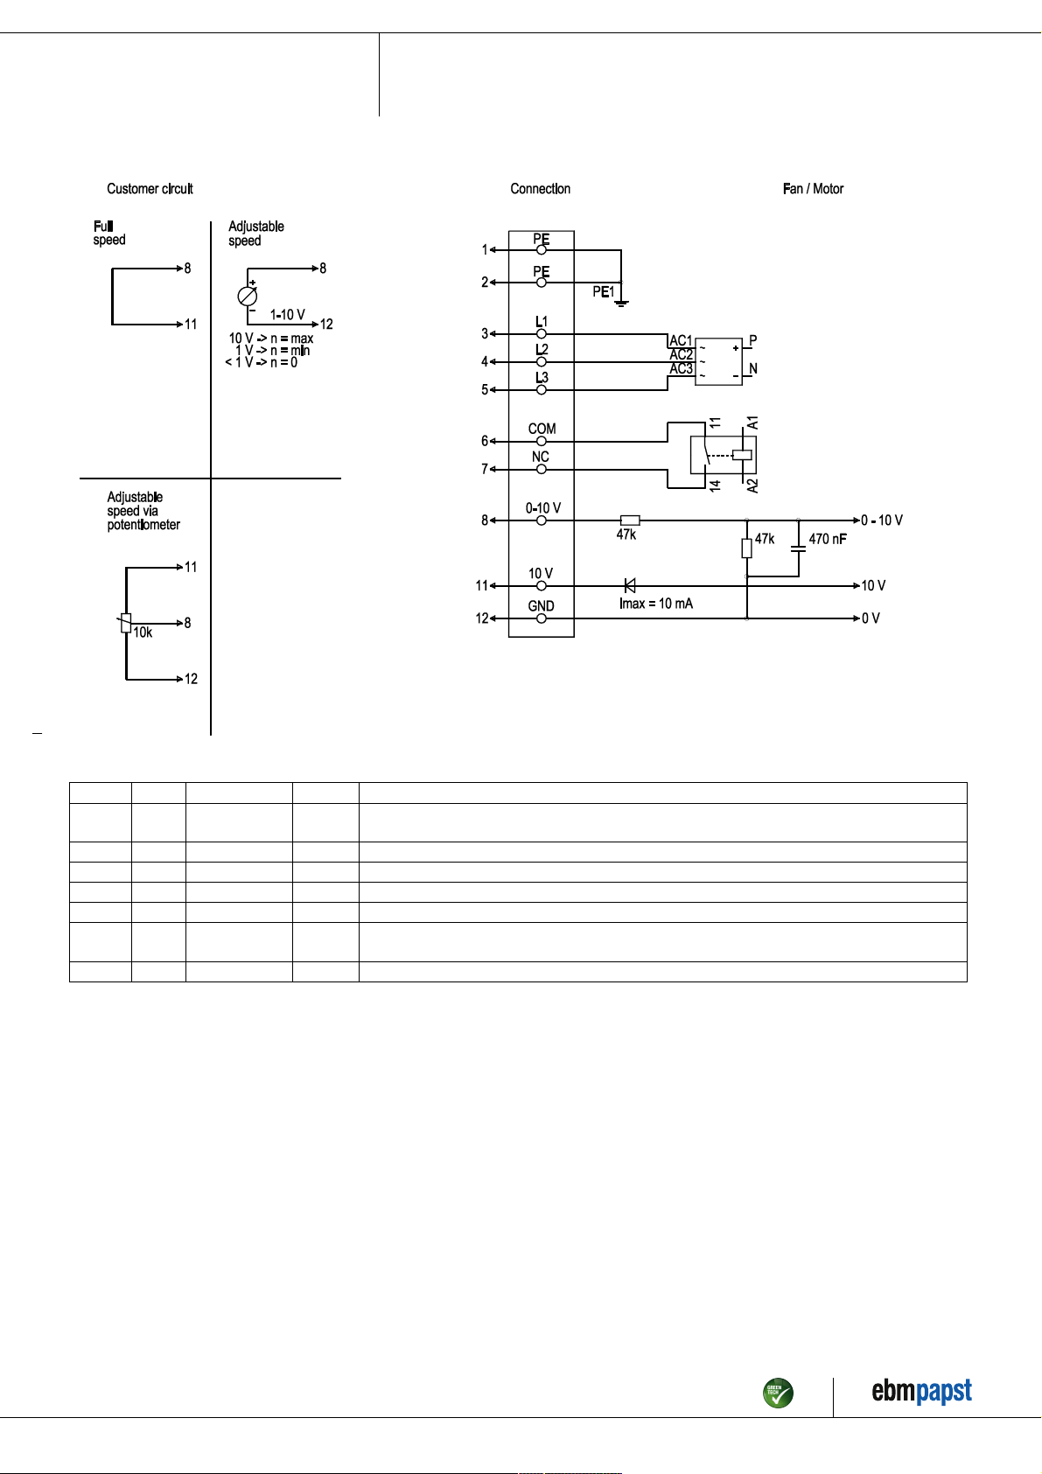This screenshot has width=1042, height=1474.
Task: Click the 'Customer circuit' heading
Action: (x=150, y=189)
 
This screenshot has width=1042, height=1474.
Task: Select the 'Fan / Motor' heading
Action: (x=813, y=189)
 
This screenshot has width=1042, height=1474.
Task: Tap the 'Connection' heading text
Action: (x=540, y=189)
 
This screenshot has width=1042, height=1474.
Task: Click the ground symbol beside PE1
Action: (x=621, y=304)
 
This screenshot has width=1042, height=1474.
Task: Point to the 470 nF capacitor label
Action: (x=828, y=539)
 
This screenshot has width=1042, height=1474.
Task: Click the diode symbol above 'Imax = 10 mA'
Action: (x=629, y=585)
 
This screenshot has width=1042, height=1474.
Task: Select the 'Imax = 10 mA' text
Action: (x=655, y=604)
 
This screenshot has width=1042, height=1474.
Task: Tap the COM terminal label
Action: (x=542, y=429)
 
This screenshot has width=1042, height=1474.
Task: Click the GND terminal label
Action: (x=541, y=606)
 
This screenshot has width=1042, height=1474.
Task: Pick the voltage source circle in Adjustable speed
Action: (x=248, y=297)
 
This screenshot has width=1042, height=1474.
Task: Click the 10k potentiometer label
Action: (x=143, y=632)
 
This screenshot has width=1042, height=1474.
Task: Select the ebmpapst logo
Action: (x=921, y=1391)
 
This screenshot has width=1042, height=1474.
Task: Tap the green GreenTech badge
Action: (x=778, y=1393)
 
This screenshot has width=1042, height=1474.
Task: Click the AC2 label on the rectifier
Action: (x=682, y=354)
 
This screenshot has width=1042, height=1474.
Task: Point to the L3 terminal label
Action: (x=541, y=378)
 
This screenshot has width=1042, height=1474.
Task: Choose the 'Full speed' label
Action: (x=108, y=233)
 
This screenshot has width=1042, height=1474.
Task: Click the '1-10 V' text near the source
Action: (x=288, y=315)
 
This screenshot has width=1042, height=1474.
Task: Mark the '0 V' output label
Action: (x=871, y=618)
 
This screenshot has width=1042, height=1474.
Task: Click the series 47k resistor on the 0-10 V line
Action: (x=630, y=520)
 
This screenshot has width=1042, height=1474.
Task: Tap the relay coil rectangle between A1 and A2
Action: (x=742, y=455)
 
